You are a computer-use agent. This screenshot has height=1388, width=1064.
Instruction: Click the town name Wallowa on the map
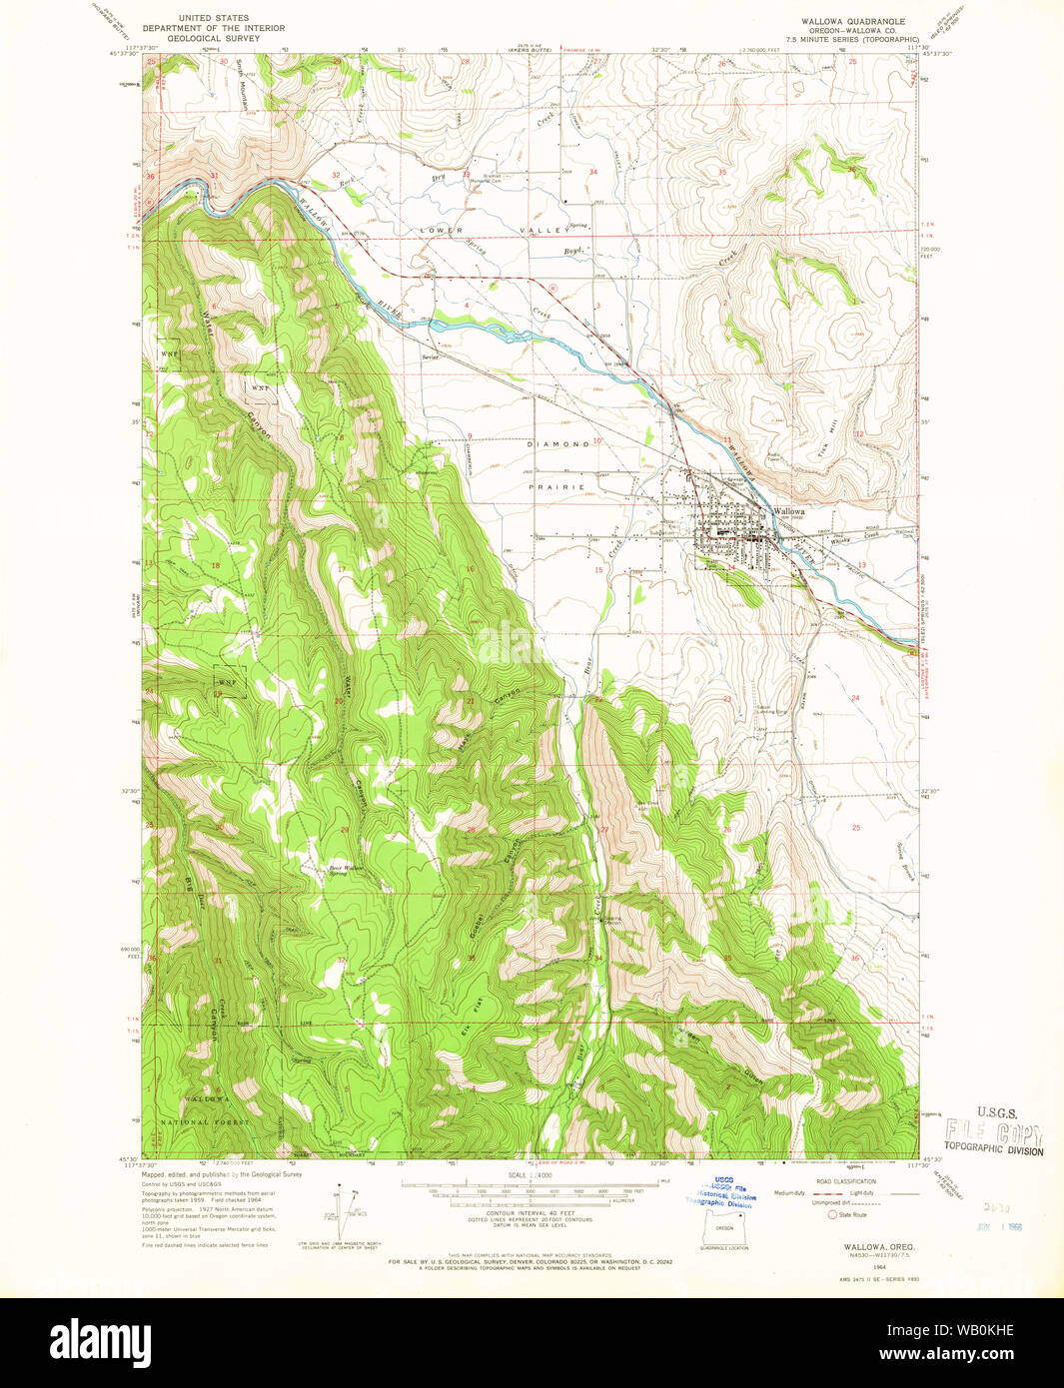[x=789, y=510]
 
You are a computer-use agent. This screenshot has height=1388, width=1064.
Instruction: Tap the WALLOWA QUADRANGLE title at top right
[x=852, y=20]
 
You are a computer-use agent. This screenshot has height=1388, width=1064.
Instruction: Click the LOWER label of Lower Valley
[x=442, y=230]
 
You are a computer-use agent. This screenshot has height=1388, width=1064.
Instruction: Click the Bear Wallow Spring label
[x=347, y=870]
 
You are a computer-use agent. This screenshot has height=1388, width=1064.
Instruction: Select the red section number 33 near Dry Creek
[x=466, y=174]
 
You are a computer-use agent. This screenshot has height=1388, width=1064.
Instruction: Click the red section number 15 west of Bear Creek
[x=598, y=570]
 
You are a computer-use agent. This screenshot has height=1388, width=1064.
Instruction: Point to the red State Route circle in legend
[x=831, y=1214]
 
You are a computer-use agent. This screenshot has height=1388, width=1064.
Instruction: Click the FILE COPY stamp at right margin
[x=994, y=1133]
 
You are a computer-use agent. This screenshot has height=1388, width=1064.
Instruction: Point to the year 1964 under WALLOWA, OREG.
[x=850, y=1263]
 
